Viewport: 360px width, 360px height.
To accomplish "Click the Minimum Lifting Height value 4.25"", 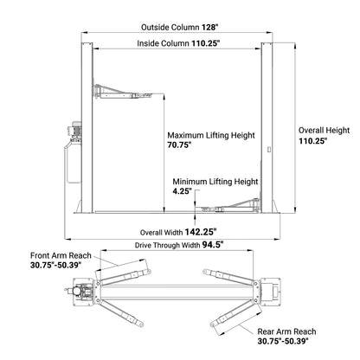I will [181, 190].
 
